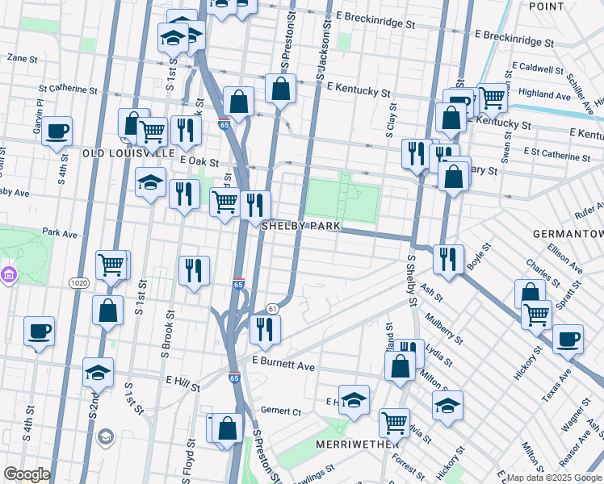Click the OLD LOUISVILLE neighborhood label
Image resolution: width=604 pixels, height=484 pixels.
pos(128,152)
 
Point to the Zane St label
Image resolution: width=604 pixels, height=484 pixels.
pos(22,58)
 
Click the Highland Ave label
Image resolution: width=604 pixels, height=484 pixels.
pos(546,94)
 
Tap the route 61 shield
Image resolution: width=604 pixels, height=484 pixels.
pos(273,308)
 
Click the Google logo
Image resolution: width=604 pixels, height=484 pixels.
pos(27,474)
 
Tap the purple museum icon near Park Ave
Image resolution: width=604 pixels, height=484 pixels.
pos(9,276)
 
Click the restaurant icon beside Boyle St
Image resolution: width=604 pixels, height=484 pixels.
pos(448,259)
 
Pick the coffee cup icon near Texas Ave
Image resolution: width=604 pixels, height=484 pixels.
pos(568,339)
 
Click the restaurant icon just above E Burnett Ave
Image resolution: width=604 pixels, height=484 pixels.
pos(264,328)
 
